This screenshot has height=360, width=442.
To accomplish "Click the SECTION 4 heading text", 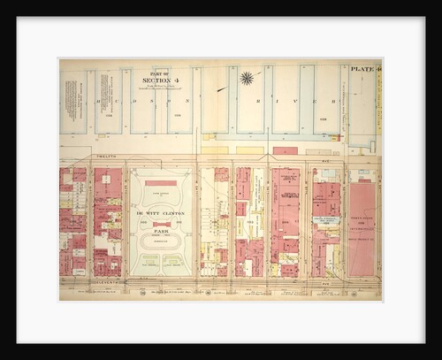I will click(160, 80).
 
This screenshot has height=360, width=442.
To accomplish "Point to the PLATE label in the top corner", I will click(362, 68).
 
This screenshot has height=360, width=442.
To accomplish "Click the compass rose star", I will click(247, 79).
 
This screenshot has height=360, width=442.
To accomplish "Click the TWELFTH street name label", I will click(106, 156).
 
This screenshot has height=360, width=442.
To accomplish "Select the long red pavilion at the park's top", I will click(160, 183).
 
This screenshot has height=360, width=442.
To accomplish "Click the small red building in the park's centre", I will click(160, 224).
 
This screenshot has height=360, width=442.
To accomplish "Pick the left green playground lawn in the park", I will click(147, 262).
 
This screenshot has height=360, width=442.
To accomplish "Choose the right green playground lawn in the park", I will click(174, 262).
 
